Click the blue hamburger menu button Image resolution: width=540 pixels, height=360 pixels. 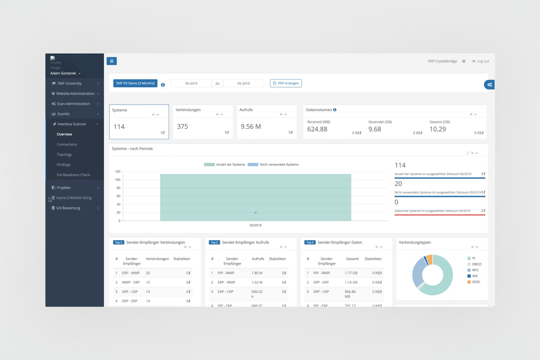point(112,61)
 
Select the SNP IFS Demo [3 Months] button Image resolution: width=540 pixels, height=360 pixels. point(135,83)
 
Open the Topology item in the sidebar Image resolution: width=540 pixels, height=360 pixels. point(64,154)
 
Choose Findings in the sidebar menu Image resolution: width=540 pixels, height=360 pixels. point(63,165)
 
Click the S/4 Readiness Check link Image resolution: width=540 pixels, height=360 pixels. point(73,175)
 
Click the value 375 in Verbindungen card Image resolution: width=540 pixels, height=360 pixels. point(183,127)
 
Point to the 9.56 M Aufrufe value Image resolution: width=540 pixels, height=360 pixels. point(251,127)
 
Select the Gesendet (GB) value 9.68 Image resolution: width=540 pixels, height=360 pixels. point(374,129)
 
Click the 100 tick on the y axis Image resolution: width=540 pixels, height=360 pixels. point(118,180)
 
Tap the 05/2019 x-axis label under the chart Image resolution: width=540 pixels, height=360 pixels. point(255,225)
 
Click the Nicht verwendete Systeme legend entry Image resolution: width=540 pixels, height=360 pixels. point(279,164)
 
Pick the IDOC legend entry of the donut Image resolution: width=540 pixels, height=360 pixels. point(476,282)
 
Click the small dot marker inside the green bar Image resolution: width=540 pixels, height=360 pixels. point(256,213)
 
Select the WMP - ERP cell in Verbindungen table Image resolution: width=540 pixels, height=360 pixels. point(131,282)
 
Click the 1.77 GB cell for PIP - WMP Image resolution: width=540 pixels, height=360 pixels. point(351,273)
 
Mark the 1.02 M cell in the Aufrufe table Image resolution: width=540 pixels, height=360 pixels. point(257,282)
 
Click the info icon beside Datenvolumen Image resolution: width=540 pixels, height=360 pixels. point(335,110)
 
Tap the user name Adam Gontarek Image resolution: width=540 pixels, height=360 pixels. point(63,73)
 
